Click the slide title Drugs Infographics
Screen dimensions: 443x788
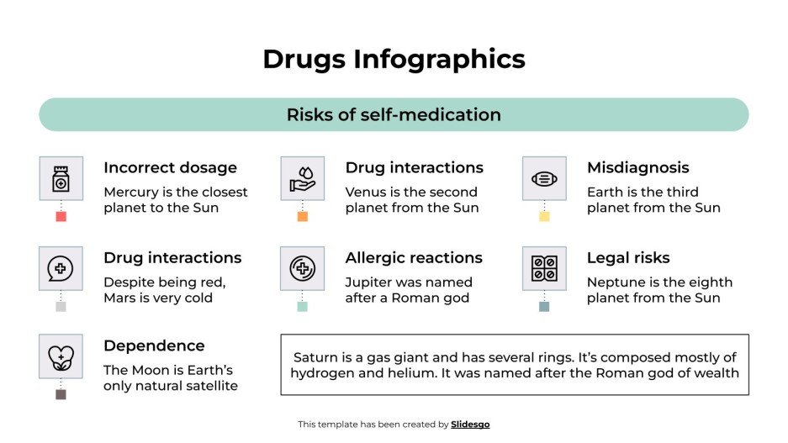tap(394, 59)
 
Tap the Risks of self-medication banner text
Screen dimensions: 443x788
tap(394, 114)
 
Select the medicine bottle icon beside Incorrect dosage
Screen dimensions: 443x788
tap(61, 178)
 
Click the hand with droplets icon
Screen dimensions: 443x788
tap(302, 178)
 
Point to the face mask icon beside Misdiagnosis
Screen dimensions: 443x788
tap(544, 178)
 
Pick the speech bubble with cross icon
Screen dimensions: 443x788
tap(61, 268)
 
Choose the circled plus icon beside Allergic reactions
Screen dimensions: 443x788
tap(302, 268)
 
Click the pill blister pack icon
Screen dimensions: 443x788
tap(544, 268)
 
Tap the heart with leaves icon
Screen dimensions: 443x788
tap(61, 356)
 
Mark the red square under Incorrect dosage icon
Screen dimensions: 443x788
tap(61, 217)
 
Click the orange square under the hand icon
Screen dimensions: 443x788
tap(303, 217)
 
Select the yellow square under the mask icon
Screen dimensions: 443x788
tap(544, 217)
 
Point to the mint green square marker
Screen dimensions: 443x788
tap(303, 307)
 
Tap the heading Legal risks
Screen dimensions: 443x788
tap(628, 258)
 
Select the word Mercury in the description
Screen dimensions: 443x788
tap(131, 192)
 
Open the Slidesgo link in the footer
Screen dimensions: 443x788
tap(470, 425)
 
